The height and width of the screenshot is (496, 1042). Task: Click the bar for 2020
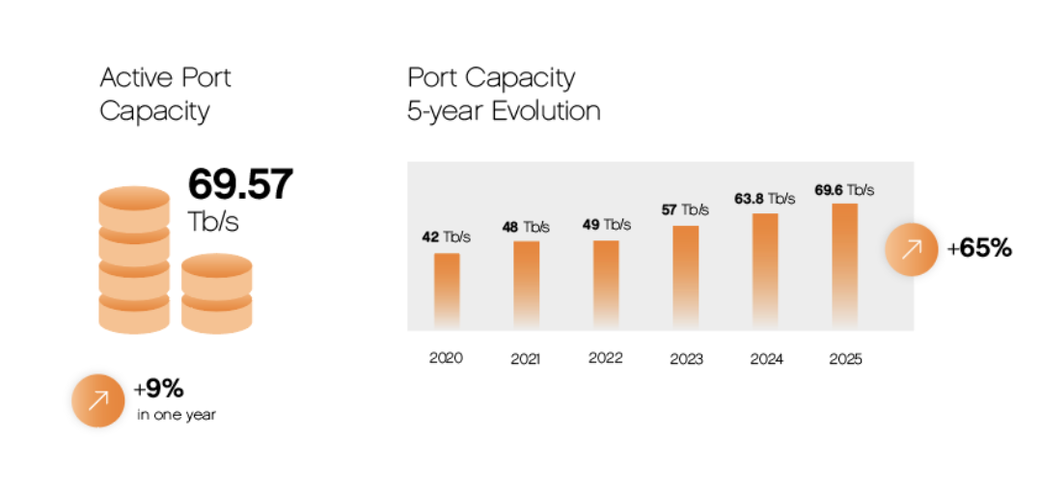[447, 289]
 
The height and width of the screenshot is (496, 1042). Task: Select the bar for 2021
[526, 284]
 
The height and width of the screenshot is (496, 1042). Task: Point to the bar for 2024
[765, 269]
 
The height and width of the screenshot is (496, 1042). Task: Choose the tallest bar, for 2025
[844, 264]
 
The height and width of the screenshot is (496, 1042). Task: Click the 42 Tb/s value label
[446, 237]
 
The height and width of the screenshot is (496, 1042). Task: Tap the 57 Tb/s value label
[685, 209]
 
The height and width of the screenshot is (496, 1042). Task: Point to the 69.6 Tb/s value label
[844, 189]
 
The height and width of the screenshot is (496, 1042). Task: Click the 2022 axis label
[606, 357]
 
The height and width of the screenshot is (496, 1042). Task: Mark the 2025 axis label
[845, 359]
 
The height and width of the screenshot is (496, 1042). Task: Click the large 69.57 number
[239, 184]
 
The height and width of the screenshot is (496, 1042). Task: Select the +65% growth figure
[979, 248]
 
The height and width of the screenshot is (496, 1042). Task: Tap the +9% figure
[159, 389]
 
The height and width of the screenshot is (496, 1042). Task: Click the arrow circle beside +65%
[911, 249]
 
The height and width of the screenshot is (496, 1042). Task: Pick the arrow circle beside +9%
[97, 400]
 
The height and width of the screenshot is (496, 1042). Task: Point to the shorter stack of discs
[216, 293]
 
